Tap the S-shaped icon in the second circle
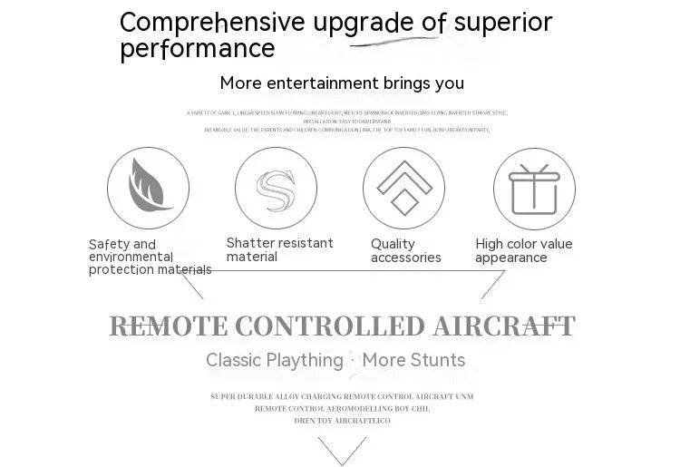(x=276, y=188)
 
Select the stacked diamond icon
(x=403, y=187)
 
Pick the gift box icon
(x=534, y=189)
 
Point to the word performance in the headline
(x=197, y=49)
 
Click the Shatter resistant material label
(x=279, y=249)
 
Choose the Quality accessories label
(x=405, y=250)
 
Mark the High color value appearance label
(x=524, y=250)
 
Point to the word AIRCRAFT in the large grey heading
(x=503, y=326)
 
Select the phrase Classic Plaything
(x=274, y=360)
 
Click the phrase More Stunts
(x=413, y=360)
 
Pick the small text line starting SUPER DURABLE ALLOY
(x=342, y=396)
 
